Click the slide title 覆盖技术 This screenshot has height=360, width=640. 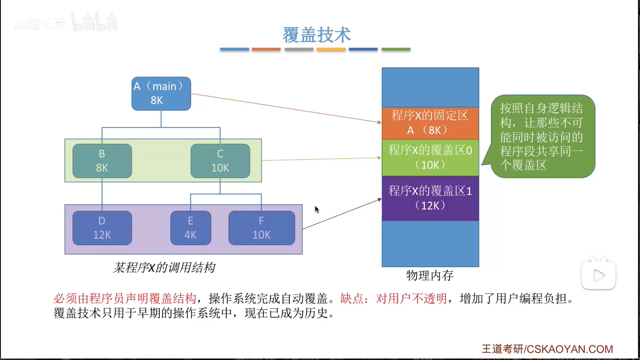(x=317, y=35)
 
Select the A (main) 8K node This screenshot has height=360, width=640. (x=161, y=94)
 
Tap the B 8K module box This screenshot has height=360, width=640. (x=102, y=161)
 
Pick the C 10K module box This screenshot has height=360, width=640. (x=220, y=161)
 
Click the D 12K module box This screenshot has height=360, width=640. (x=102, y=228)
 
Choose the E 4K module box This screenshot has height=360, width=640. (x=190, y=228)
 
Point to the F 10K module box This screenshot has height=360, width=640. (x=261, y=228)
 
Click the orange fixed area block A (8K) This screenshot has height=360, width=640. (x=430, y=123)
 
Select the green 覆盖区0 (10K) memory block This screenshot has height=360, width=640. (x=430, y=157)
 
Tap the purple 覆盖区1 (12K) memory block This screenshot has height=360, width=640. (x=430, y=198)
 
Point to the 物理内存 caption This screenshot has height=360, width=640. (x=430, y=276)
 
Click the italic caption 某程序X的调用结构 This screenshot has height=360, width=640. (x=164, y=268)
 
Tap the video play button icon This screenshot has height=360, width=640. (x=598, y=276)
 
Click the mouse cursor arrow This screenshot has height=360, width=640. (x=317, y=209)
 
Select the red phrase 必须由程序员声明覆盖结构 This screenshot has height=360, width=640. (x=125, y=298)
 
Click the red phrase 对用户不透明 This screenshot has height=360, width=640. (x=411, y=298)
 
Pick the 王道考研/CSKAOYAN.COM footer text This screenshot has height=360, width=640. (x=547, y=349)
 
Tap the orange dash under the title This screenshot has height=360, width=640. (x=266, y=49)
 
